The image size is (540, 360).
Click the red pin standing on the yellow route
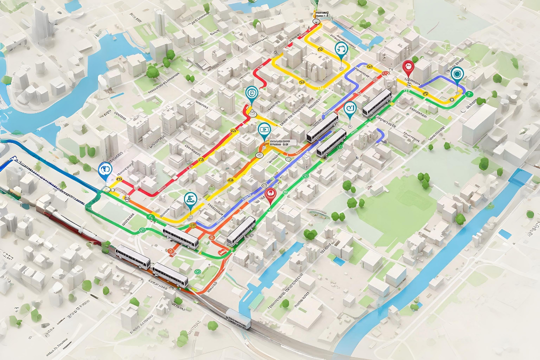pyautogui.click(x=408, y=67)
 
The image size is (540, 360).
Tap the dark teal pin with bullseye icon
pyautogui.click(x=456, y=74)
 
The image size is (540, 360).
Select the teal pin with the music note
pyautogui.click(x=341, y=48)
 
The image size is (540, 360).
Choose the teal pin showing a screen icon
pyautogui.click(x=263, y=130)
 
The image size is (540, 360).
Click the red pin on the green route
pyautogui.click(x=270, y=194)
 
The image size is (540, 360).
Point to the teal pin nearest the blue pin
pyautogui.click(x=190, y=199)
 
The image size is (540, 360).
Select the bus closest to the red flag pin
pyautogui.click(x=377, y=102)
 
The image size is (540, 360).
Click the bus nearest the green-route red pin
pyautogui.click(x=241, y=231)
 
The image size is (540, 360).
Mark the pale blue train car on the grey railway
pyautogui.click(x=238, y=318)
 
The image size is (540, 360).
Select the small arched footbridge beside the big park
pyautogui.click(x=316, y=212)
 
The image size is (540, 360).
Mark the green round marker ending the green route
pyautogui.click(x=468, y=93)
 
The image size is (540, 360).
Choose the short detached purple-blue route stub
pyautogui.click(x=381, y=135)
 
